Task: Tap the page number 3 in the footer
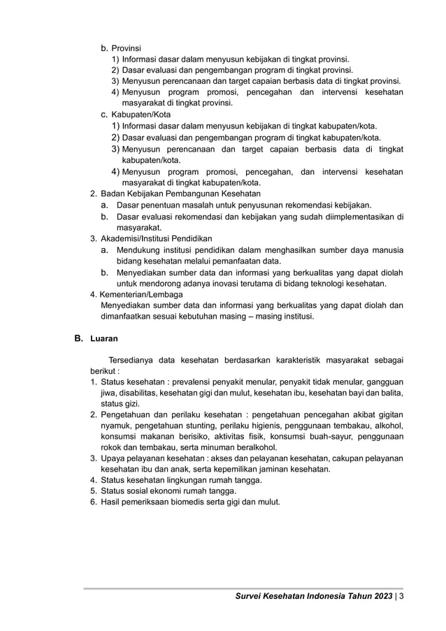(403, 596)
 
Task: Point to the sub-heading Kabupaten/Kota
(141, 114)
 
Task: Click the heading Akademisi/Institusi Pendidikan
(157, 238)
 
